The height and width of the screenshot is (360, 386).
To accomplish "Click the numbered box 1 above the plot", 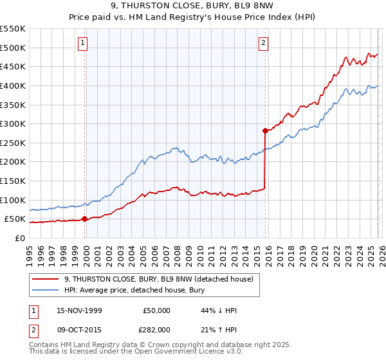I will click(x=84, y=43).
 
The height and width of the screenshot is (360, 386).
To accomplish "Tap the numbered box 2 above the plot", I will click(x=264, y=43).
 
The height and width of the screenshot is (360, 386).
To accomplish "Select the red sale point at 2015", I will click(x=265, y=130).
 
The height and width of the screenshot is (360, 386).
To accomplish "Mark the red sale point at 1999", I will click(x=85, y=219).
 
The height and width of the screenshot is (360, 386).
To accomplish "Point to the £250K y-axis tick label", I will click(x=12, y=143).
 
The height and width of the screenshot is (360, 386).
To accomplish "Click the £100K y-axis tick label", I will click(x=12, y=200).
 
